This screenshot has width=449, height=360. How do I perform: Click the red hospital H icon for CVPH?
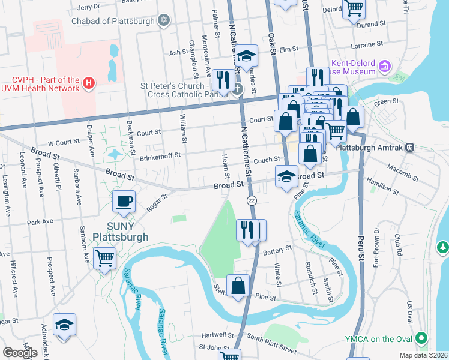click(89, 82)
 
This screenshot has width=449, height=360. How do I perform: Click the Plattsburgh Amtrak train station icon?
click(410, 147)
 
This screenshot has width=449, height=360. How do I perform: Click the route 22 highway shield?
click(252, 200)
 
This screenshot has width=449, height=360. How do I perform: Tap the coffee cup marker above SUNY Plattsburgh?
click(124, 202)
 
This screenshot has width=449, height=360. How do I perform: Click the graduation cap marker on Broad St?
click(286, 176)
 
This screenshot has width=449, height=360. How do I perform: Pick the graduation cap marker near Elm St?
click(246, 56)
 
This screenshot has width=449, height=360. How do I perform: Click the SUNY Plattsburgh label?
click(120, 232)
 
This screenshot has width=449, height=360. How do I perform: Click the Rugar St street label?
click(157, 202)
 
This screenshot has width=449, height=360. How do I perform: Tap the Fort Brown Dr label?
click(376, 248)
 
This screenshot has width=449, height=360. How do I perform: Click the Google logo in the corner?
click(20, 352)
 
